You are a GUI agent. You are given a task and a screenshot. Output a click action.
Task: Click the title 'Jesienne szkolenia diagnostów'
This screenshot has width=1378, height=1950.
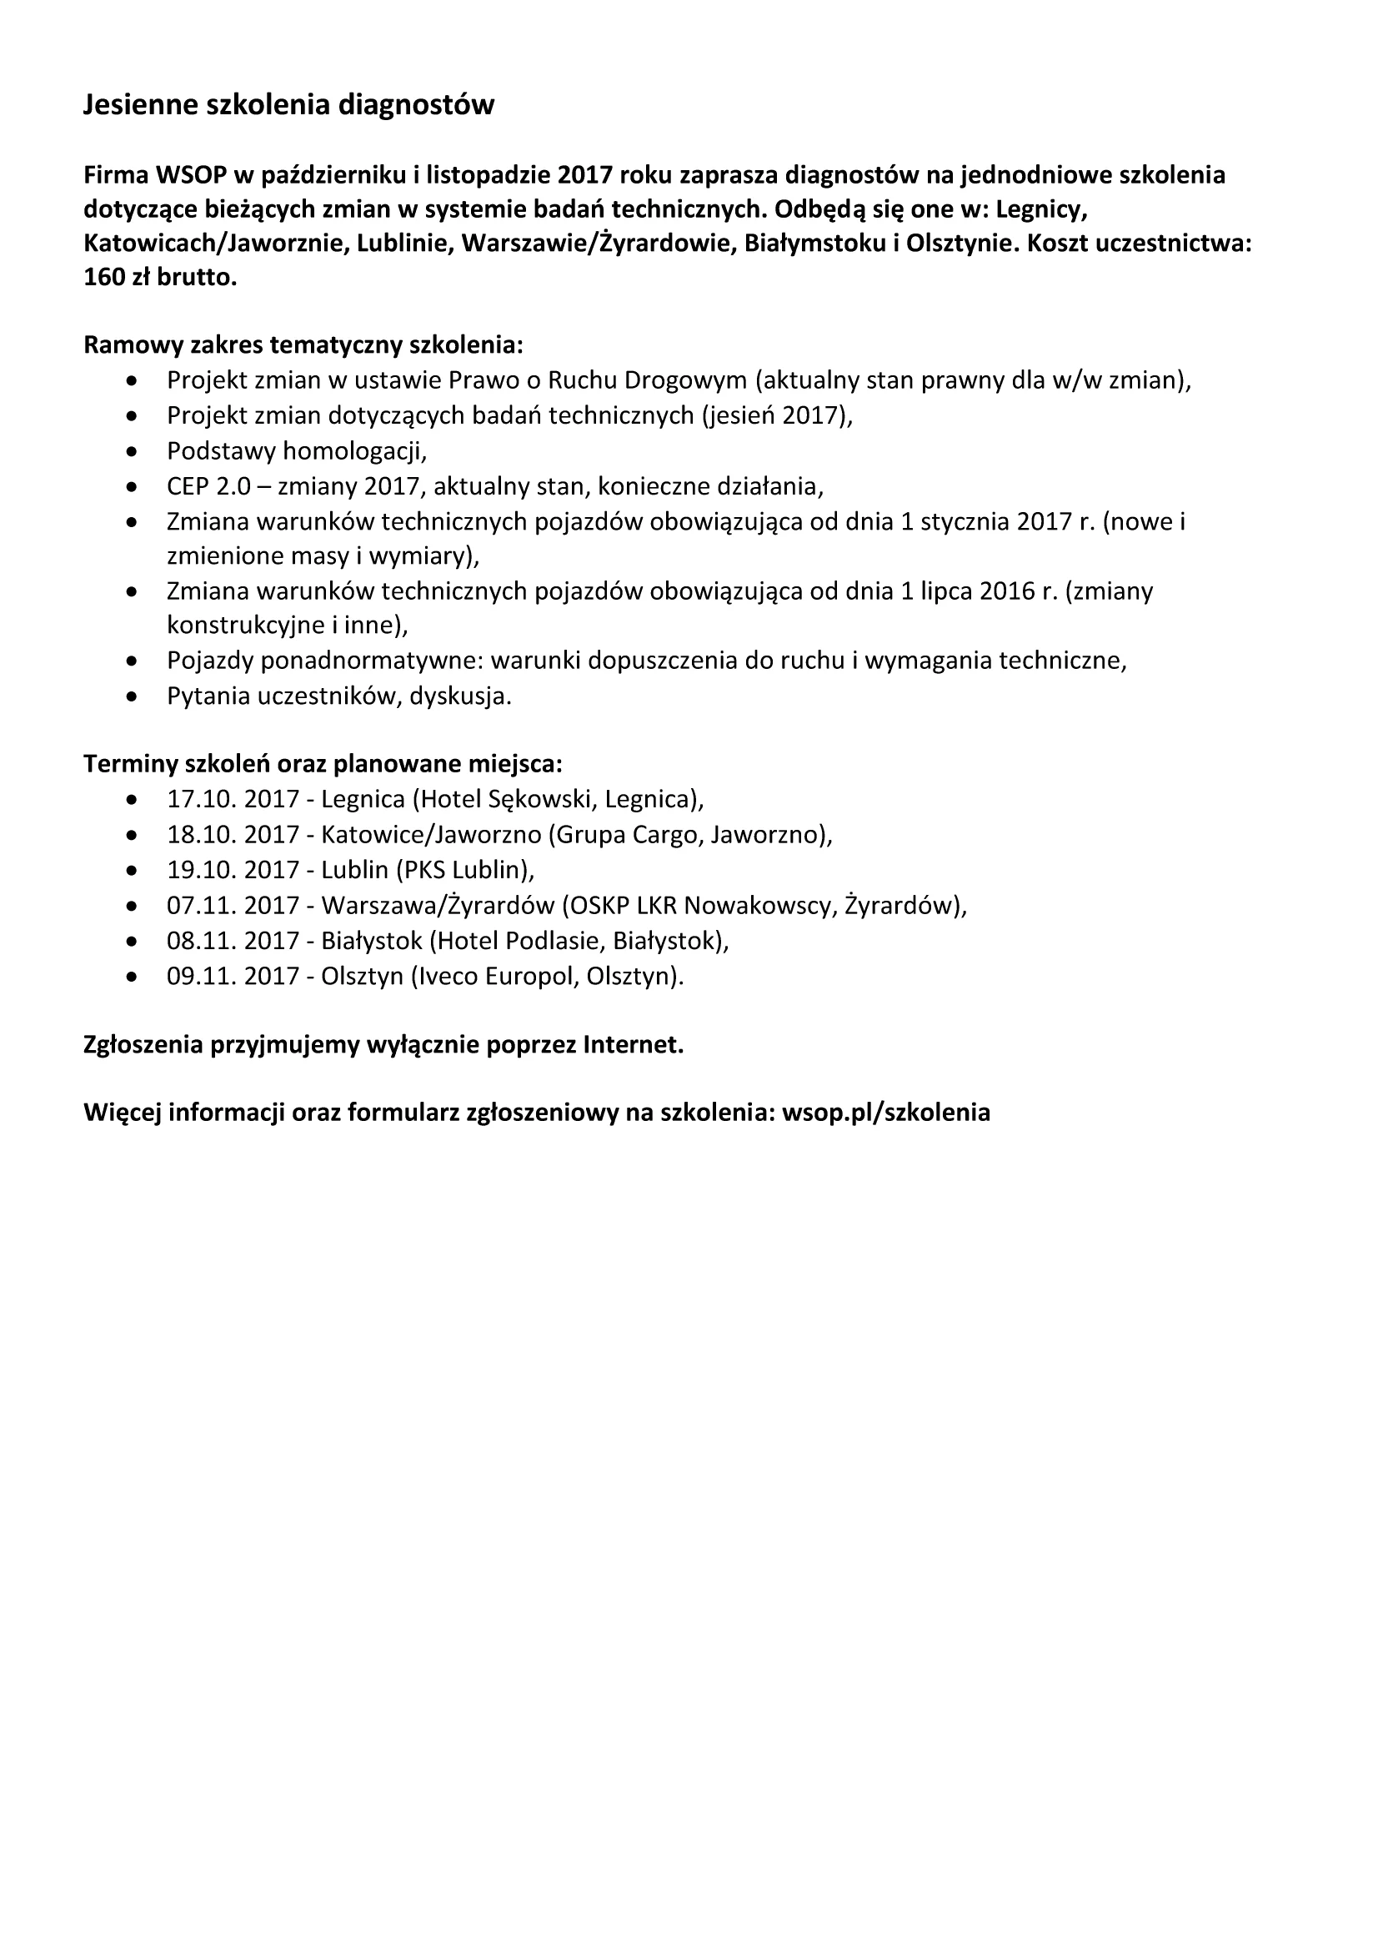pos(288,105)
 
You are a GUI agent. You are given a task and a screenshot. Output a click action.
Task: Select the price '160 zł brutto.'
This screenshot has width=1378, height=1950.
pos(159,278)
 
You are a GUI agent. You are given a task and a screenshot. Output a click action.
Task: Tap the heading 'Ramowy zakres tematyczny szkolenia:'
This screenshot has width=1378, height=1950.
pos(303,345)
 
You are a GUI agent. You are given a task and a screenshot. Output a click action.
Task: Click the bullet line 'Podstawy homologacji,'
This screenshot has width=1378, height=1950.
pos(296,450)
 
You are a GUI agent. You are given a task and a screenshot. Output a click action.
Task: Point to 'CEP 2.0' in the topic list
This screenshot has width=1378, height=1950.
pos(209,485)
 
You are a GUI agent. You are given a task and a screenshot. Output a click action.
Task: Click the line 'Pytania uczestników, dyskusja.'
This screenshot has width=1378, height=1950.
pos(338,696)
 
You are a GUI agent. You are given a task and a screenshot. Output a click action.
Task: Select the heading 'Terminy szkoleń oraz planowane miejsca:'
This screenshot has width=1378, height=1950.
pos(323,763)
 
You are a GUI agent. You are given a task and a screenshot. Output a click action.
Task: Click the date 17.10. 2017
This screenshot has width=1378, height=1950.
pos(233,799)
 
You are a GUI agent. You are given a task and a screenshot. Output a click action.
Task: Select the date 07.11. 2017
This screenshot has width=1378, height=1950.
pos(233,906)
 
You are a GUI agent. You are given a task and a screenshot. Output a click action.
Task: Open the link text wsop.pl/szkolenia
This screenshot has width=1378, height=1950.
pos(885,1113)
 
